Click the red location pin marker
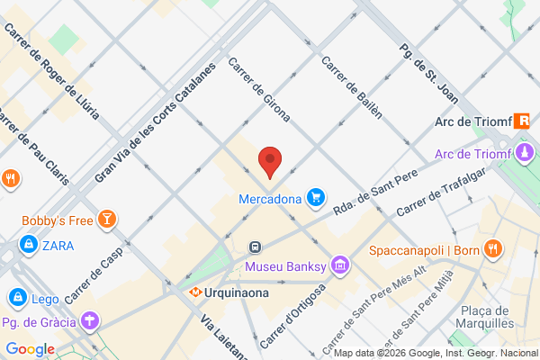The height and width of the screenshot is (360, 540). pos(270,162)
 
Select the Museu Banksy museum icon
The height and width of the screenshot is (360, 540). pos(339,265)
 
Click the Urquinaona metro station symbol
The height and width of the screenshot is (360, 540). pos(195,292)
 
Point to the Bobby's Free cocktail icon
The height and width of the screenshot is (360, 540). pos(107,220)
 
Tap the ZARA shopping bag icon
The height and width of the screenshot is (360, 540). pos(29,245)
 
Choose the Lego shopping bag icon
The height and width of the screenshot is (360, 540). pos(16,296)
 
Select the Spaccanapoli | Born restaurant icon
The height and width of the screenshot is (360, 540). pos(491,247)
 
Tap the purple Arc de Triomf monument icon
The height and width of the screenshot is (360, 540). pos(525,152)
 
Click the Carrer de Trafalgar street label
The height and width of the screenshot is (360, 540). pos(436,193)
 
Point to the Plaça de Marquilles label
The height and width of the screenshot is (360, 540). pos(486,316)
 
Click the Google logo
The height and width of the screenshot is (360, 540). pos(30,349)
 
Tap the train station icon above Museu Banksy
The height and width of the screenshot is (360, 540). pos(256,246)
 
